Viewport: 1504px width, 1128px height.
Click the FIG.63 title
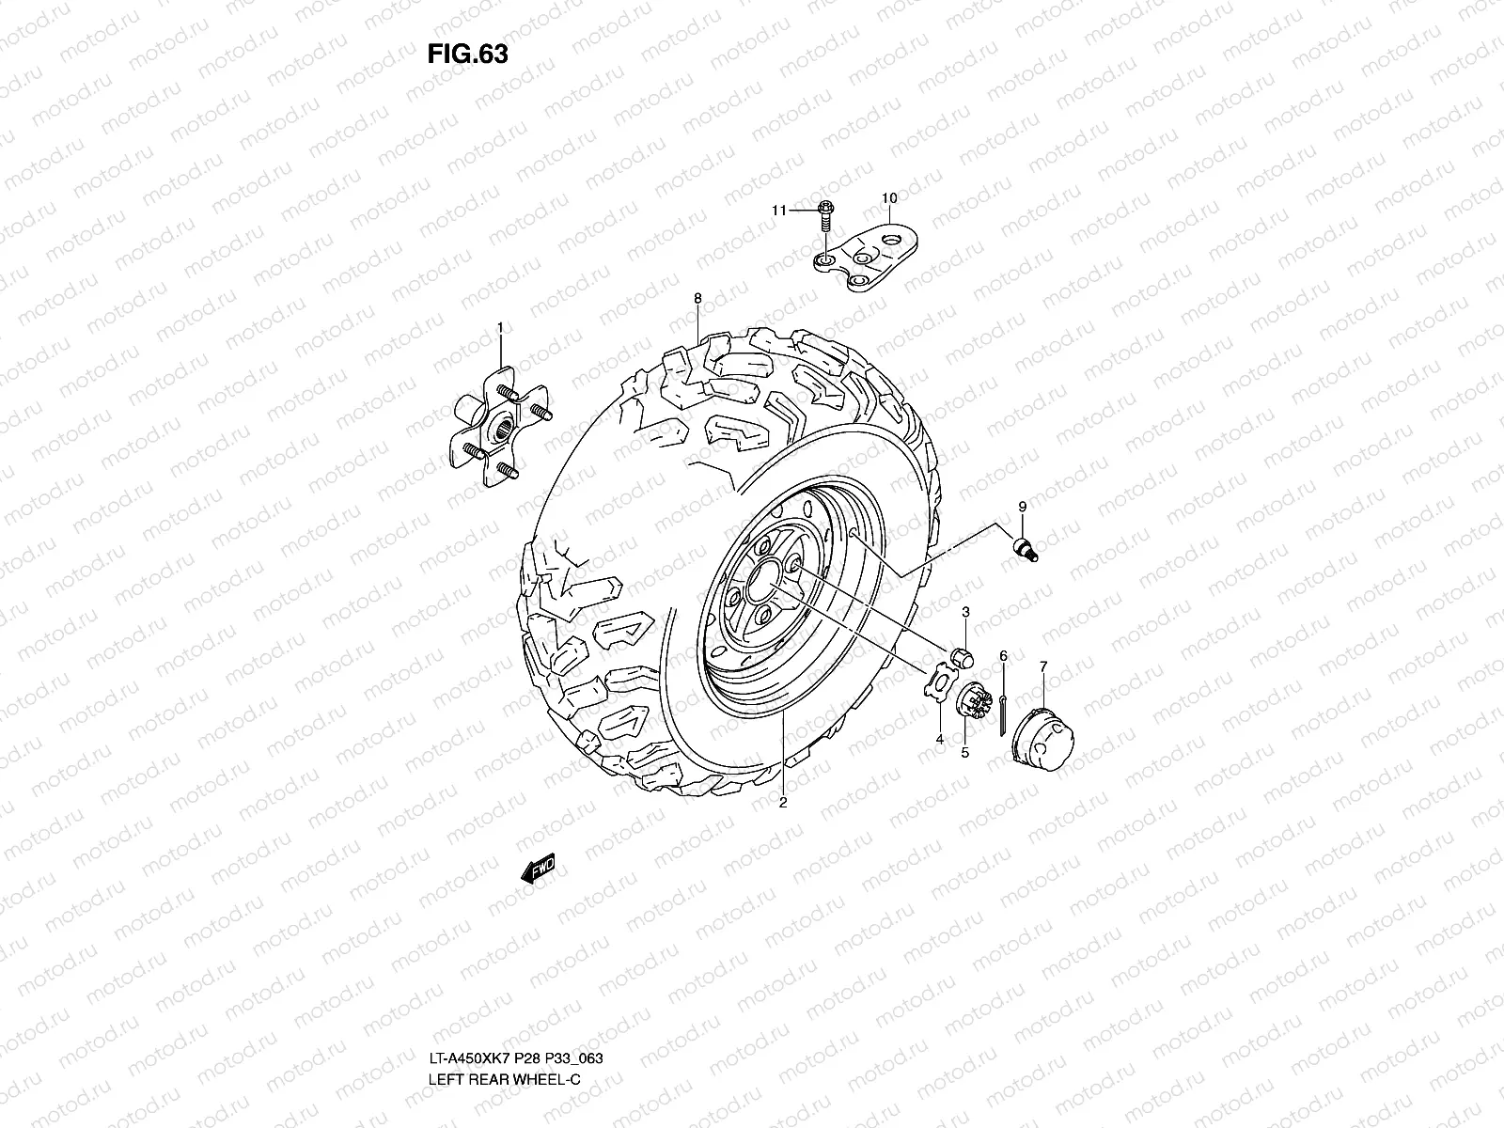[467, 55]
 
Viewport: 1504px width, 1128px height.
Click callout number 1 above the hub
[500, 328]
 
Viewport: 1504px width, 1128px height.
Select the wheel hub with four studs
[500, 427]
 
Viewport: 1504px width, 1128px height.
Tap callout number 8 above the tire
[697, 298]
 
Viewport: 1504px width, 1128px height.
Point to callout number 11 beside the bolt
[779, 211]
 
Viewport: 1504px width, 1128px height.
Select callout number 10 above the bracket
[888, 198]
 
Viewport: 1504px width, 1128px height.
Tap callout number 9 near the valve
[1023, 507]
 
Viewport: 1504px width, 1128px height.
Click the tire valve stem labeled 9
[1026, 549]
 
